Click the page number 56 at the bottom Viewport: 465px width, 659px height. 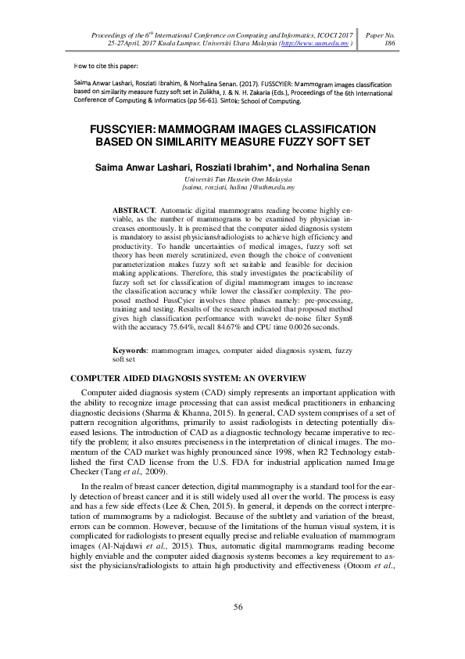pyautogui.click(x=238, y=606)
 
